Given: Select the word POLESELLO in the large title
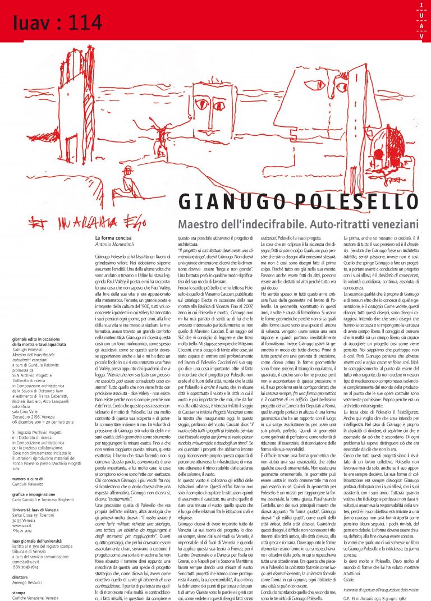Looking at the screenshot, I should [353, 201].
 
